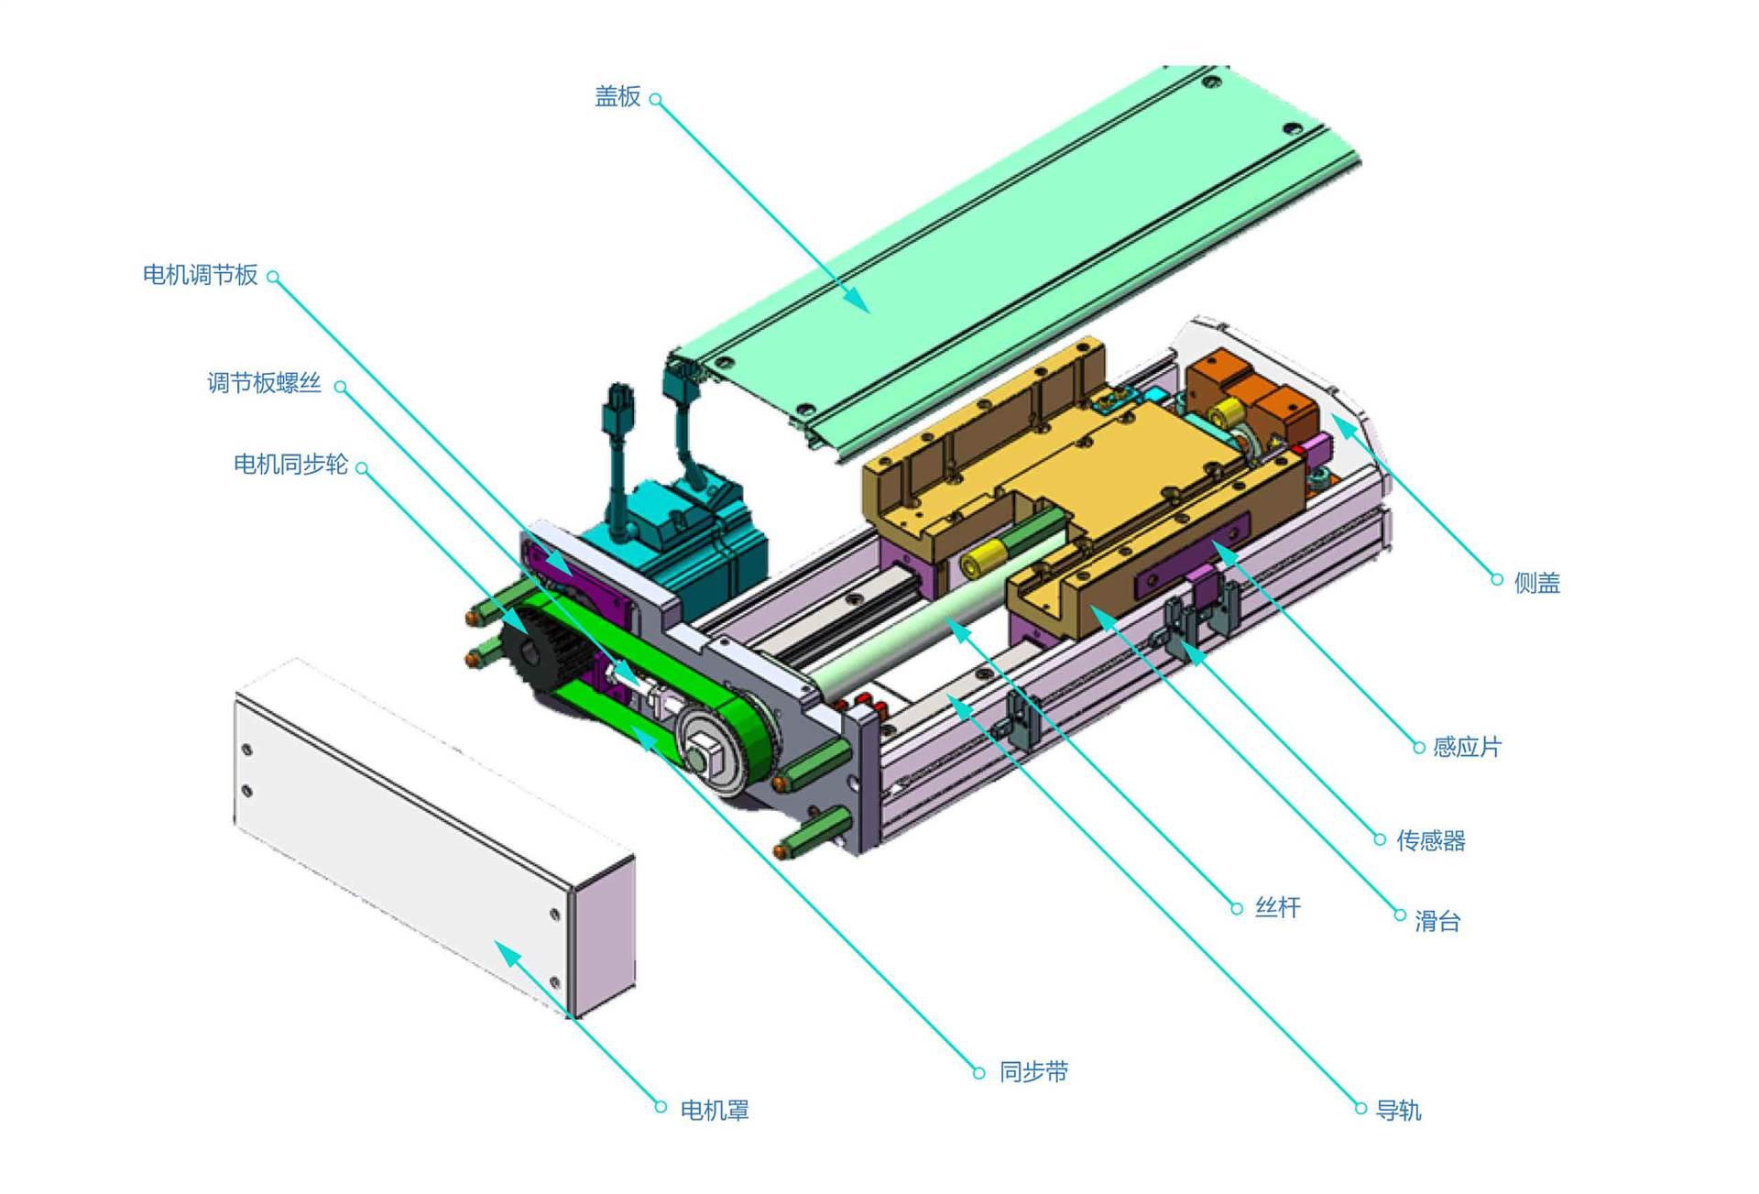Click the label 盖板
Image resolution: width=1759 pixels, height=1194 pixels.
(x=617, y=97)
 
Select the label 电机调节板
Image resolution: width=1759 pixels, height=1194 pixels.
(x=200, y=275)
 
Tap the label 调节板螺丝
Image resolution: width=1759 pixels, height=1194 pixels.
(x=264, y=383)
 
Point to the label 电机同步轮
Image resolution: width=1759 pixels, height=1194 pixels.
(x=290, y=465)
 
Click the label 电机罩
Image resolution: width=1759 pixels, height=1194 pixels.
(x=715, y=1111)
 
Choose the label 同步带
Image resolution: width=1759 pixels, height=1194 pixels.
(x=1033, y=1072)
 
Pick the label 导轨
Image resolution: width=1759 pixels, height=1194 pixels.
(x=1398, y=1111)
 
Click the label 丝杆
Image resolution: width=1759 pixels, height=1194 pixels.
(x=1277, y=908)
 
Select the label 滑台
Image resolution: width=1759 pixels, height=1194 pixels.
(x=1437, y=921)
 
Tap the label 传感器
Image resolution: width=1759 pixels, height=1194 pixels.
(x=1431, y=840)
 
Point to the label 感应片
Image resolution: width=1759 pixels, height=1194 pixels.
(x=1467, y=748)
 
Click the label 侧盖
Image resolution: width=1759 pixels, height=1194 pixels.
(x=1536, y=583)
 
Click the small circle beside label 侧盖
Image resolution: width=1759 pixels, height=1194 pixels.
(x=1497, y=579)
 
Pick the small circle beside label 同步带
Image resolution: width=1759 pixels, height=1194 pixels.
(x=978, y=1072)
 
